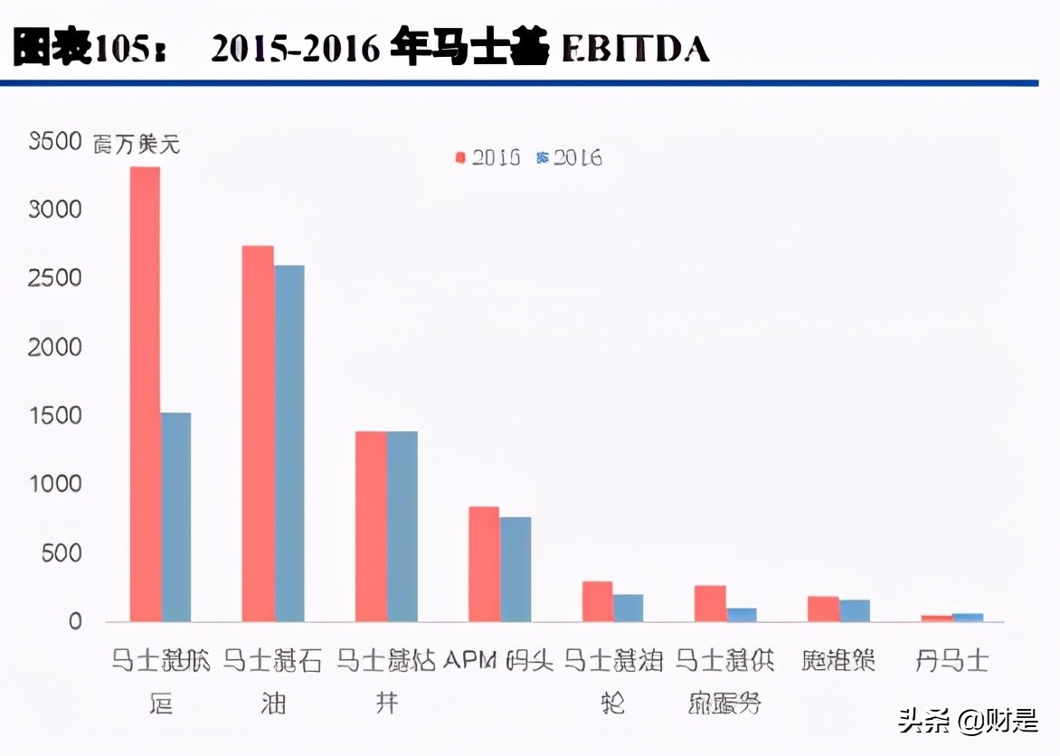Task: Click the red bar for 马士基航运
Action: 145,394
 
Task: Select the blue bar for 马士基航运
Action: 176,517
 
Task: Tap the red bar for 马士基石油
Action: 258,434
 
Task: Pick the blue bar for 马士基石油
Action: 289,443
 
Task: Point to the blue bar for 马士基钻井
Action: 402,526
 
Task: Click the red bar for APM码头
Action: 484,564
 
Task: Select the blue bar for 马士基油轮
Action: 629,609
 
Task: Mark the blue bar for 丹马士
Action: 968,618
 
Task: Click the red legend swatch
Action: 460,157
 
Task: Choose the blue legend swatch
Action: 543,157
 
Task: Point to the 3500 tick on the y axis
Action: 55,141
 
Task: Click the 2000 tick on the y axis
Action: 55,347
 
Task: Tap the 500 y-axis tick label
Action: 62,553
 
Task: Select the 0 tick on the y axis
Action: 74,622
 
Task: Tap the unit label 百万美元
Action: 137,143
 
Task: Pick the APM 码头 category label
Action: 498,661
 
